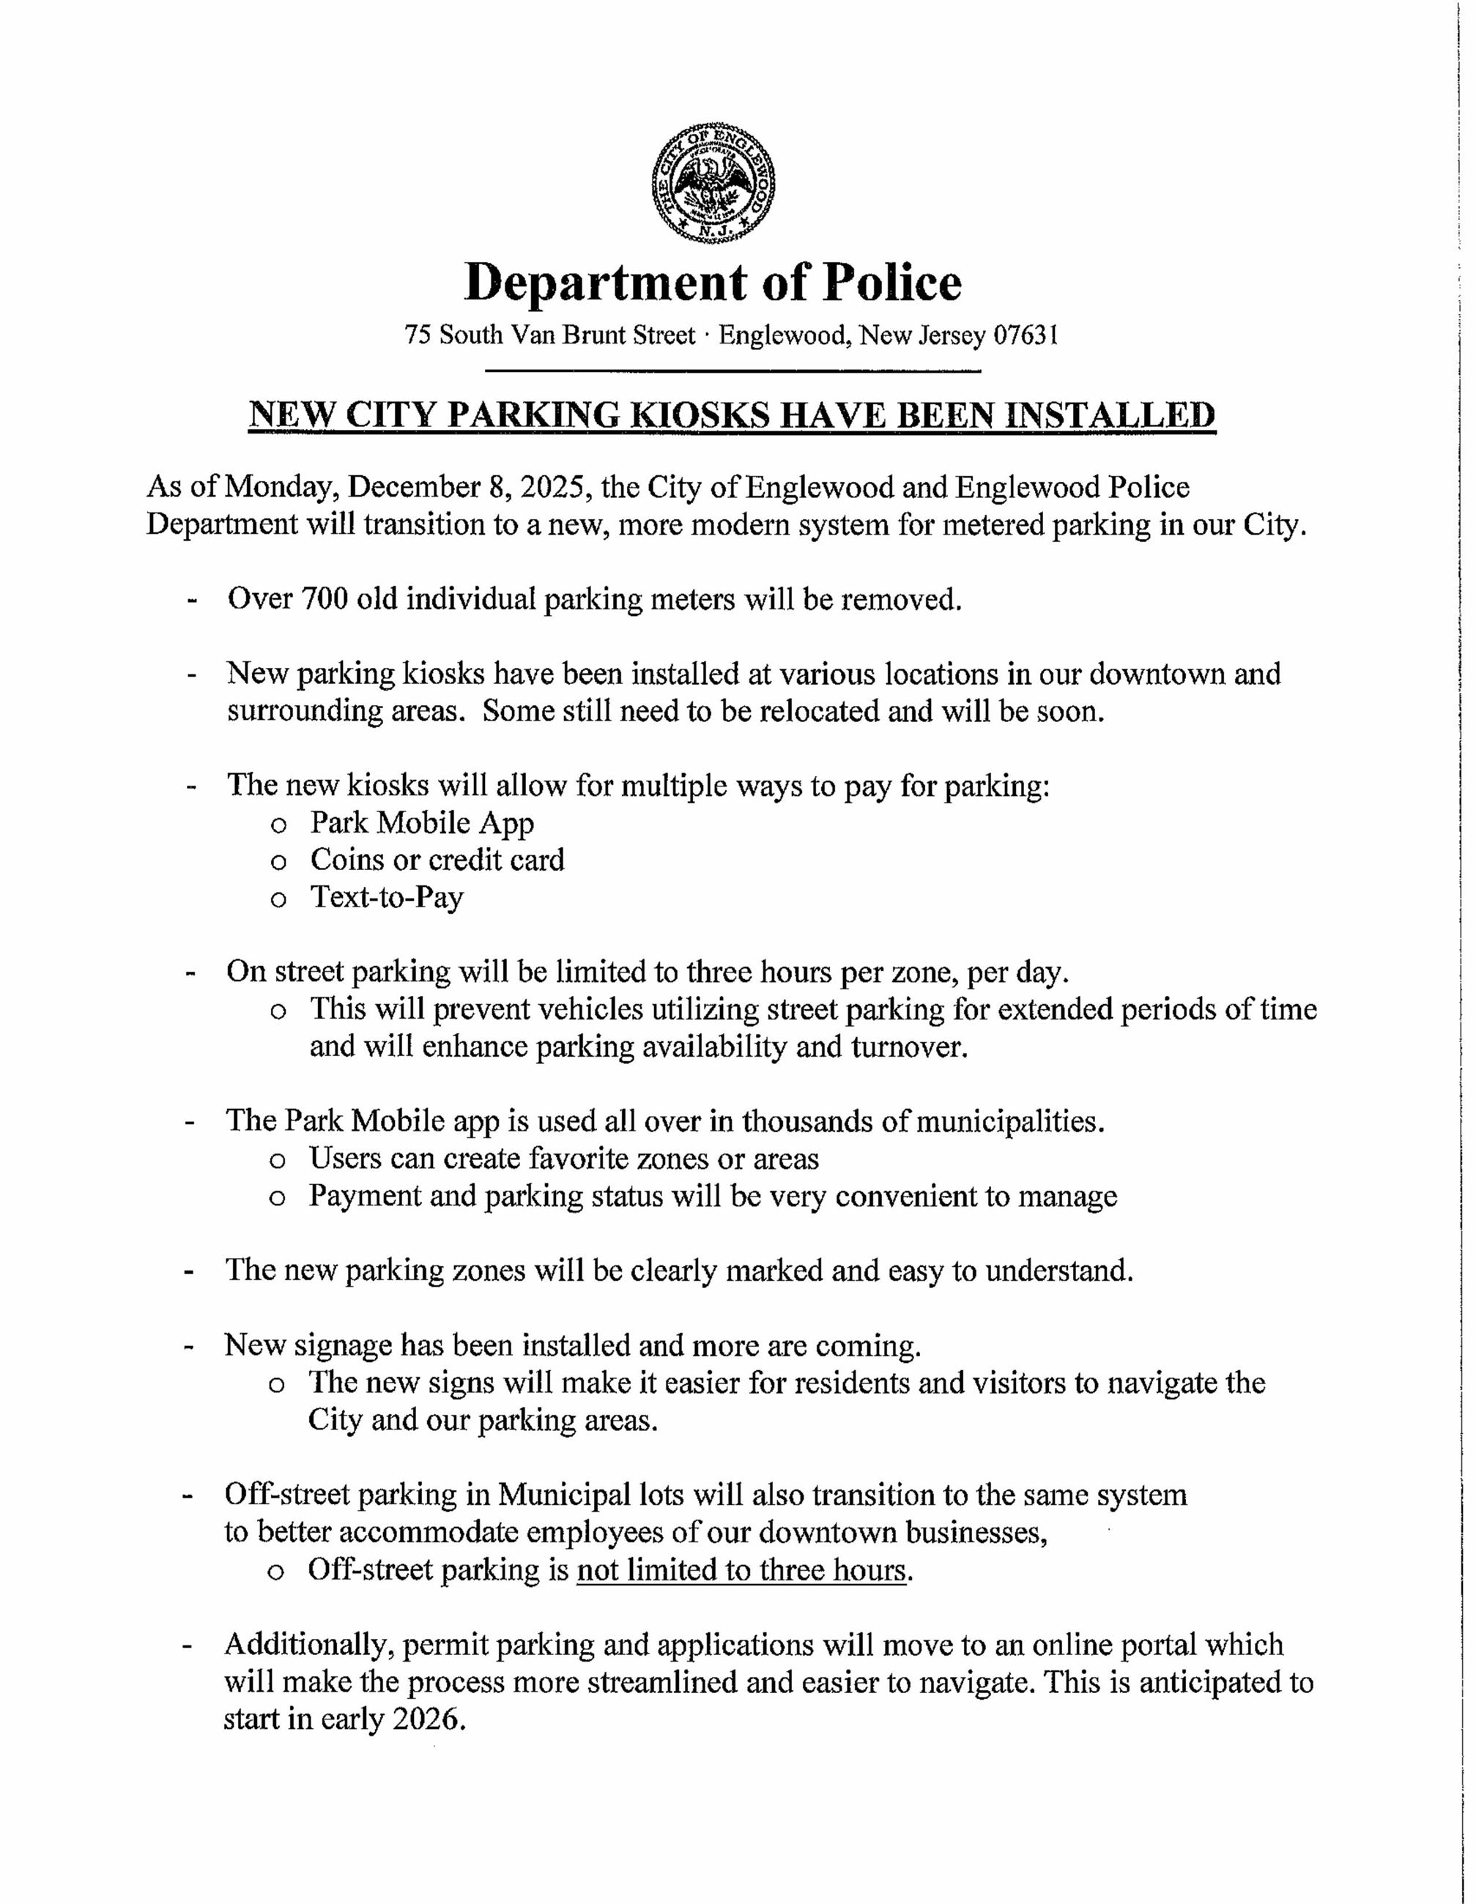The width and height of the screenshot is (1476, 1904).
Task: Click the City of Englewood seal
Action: [714, 183]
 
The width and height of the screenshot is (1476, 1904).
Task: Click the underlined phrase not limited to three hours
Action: [741, 1570]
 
